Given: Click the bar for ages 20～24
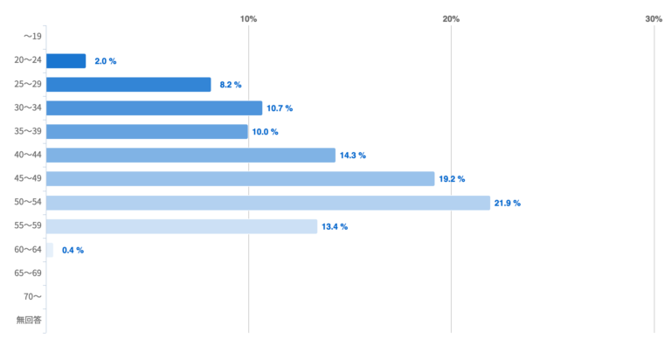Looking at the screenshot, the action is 66,61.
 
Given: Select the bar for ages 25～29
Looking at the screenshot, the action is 128,85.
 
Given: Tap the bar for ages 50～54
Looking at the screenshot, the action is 268,203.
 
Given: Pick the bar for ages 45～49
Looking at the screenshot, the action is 240,179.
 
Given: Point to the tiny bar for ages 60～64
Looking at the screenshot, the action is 50,250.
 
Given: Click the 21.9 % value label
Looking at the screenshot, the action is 508,204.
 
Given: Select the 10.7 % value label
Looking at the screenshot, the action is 280,108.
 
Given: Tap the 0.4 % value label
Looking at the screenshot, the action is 73,251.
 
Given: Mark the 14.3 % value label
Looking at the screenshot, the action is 353,156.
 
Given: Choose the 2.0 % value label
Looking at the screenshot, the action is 105,61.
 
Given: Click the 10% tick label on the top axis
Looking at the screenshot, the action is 248,19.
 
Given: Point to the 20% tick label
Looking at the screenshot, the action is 451,19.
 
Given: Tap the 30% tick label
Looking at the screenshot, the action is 654,19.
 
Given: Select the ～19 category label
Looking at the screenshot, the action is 32,37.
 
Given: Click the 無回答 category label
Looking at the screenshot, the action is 29,320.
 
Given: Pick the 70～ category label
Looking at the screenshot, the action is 32,296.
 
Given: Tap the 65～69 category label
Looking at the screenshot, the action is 28,273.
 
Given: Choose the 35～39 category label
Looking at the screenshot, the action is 28,131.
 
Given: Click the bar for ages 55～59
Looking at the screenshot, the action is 182,226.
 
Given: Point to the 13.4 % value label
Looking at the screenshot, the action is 335,227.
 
